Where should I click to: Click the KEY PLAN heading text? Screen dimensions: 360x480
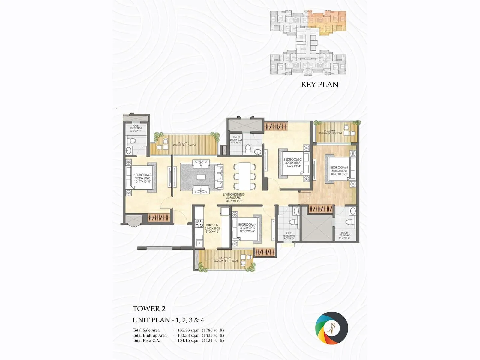(x=319, y=85)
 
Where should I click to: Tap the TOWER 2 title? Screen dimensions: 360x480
(x=149, y=309)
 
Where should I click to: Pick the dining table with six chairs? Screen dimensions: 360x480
(x=244, y=176)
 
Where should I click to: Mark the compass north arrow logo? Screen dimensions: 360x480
(x=331, y=328)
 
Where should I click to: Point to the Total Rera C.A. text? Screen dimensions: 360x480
(x=146, y=340)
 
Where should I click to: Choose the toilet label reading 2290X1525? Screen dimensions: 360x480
(x=236, y=140)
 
